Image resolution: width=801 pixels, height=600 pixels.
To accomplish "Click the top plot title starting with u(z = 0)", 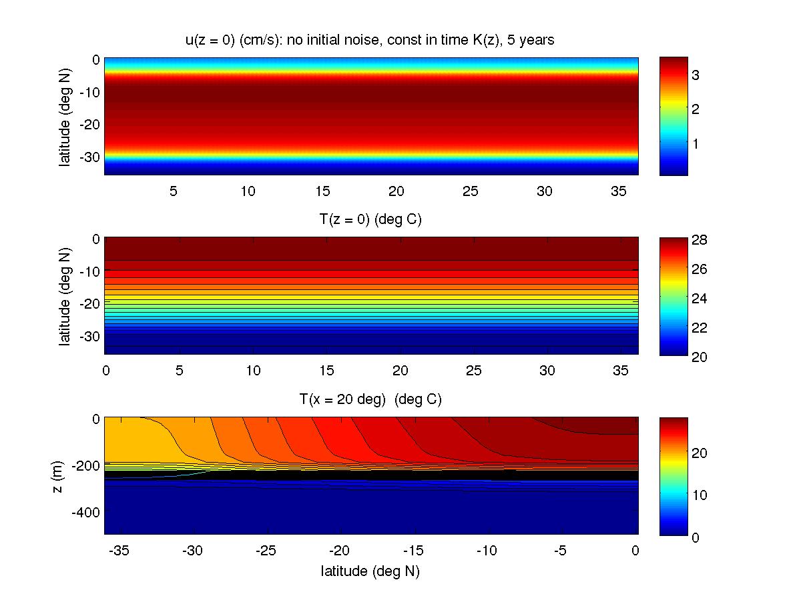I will pos(370,41).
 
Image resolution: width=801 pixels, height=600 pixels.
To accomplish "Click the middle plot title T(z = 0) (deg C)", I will pos(370,220).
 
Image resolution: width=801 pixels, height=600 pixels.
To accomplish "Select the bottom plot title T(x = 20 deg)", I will pos(370,400).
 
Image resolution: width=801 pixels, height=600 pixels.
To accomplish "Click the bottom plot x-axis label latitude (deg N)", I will pos(370,571).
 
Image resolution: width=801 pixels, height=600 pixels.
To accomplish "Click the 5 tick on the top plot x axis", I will pos(174,191).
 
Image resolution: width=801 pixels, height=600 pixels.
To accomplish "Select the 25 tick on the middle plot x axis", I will pos(474,370).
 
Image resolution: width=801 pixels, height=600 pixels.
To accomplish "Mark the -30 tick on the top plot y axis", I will pos(89,153).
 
